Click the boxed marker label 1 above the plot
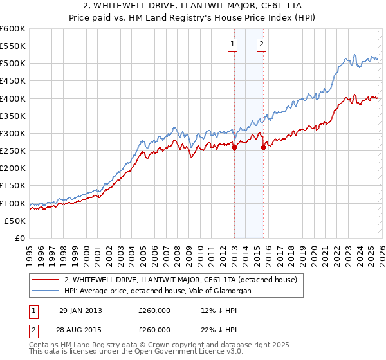[x=232, y=44]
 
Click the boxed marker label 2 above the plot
[x=262, y=44]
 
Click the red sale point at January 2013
[x=234, y=147]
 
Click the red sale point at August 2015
[x=263, y=147]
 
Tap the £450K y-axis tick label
[x=13, y=81]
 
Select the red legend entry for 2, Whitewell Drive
[x=180, y=280]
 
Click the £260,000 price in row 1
[x=154, y=310]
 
